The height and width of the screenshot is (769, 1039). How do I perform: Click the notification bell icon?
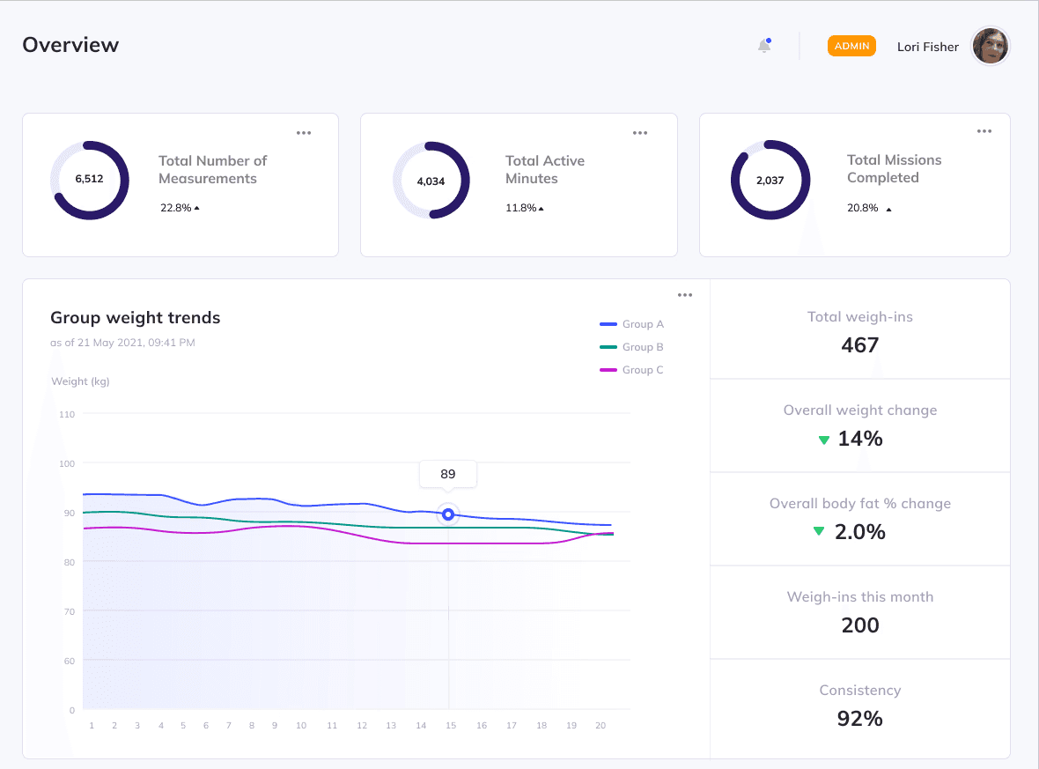click(764, 46)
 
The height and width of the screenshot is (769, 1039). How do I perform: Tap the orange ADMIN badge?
click(851, 46)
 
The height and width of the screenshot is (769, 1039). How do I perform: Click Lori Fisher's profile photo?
click(990, 46)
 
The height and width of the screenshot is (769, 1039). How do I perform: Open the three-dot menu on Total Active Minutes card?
click(640, 133)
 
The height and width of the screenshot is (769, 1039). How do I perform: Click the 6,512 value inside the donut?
click(89, 179)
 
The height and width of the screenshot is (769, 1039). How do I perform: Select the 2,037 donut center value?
click(770, 180)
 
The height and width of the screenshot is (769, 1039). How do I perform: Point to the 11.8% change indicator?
click(524, 208)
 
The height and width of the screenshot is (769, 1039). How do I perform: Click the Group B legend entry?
click(632, 347)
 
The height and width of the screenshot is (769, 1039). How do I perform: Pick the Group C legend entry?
click(632, 370)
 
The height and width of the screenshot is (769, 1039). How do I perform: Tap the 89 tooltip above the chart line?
click(448, 474)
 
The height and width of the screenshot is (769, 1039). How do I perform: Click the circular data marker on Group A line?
click(448, 514)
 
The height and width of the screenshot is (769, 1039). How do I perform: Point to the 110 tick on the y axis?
click(67, 414)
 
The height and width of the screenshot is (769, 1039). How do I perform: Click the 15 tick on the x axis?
click(450, 726)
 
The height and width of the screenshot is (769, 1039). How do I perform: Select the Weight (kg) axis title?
click(80, 381)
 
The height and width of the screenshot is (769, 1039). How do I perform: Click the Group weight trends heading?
click(135, 318)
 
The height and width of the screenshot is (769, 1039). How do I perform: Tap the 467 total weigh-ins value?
click(859, 345)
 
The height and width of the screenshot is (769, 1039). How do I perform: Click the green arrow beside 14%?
click(824, 440)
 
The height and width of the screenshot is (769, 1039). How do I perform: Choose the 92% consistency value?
click(859, 719)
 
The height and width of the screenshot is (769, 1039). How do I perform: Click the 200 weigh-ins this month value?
click(859, 625)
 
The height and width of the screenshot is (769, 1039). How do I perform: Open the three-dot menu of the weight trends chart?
click(685, 295)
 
